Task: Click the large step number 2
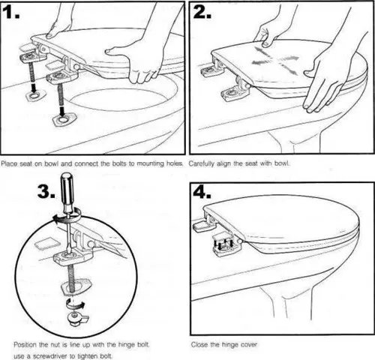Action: point(202,12)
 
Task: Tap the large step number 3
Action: point(46,191)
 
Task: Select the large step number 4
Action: point(202,192)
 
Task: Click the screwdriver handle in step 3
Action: point(67,185)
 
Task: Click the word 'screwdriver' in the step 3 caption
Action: point(47,356)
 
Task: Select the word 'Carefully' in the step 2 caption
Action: point(201,164)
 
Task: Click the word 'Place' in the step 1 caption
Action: point(10,163)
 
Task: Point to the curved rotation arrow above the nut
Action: point(75,304)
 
